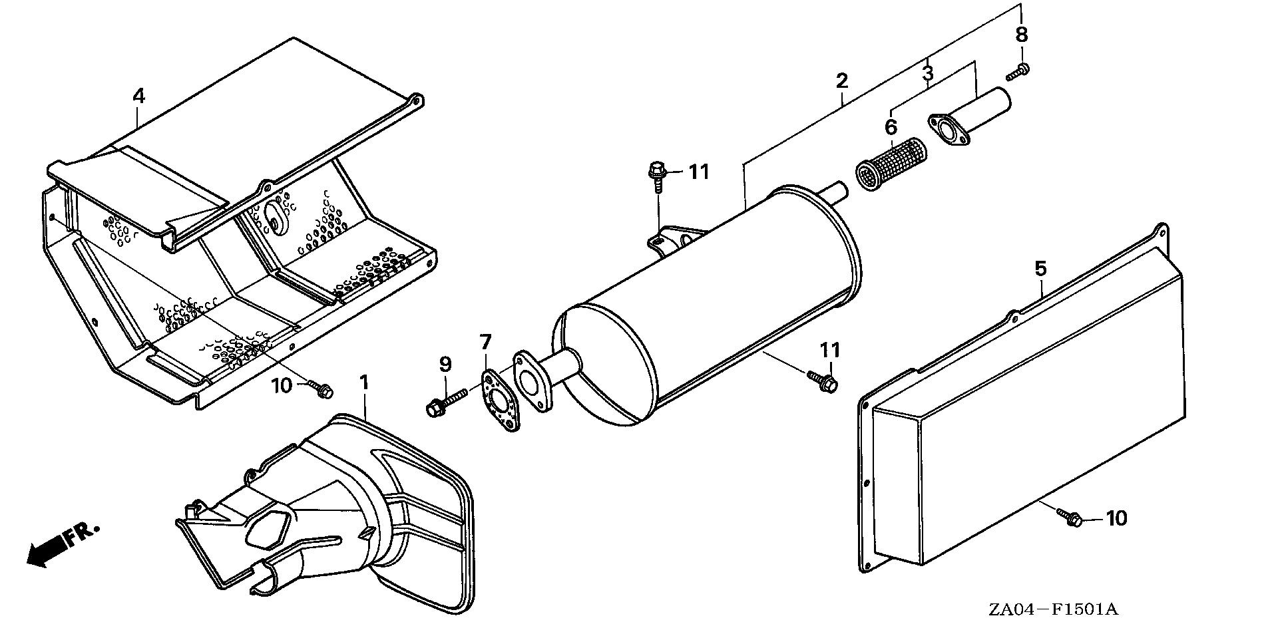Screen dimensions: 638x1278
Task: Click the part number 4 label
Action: click(x=138, y=96)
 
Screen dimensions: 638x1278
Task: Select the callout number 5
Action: click(x=1040, y=269)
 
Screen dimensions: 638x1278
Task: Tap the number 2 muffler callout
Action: click(x=842, y=81)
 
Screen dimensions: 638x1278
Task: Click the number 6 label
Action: click(x=891, y=126)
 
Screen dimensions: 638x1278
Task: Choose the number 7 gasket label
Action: click(x=485, y=343)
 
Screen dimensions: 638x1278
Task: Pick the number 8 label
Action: click(x=1022, y=35)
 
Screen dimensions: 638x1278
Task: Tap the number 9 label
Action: click(x=445, y=364)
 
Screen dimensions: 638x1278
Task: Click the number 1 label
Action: click(x=364, y=383)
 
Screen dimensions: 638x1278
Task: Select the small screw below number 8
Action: click(x=1018, y=71)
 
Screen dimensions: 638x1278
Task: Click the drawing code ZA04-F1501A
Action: click(x=1053, y=609)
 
